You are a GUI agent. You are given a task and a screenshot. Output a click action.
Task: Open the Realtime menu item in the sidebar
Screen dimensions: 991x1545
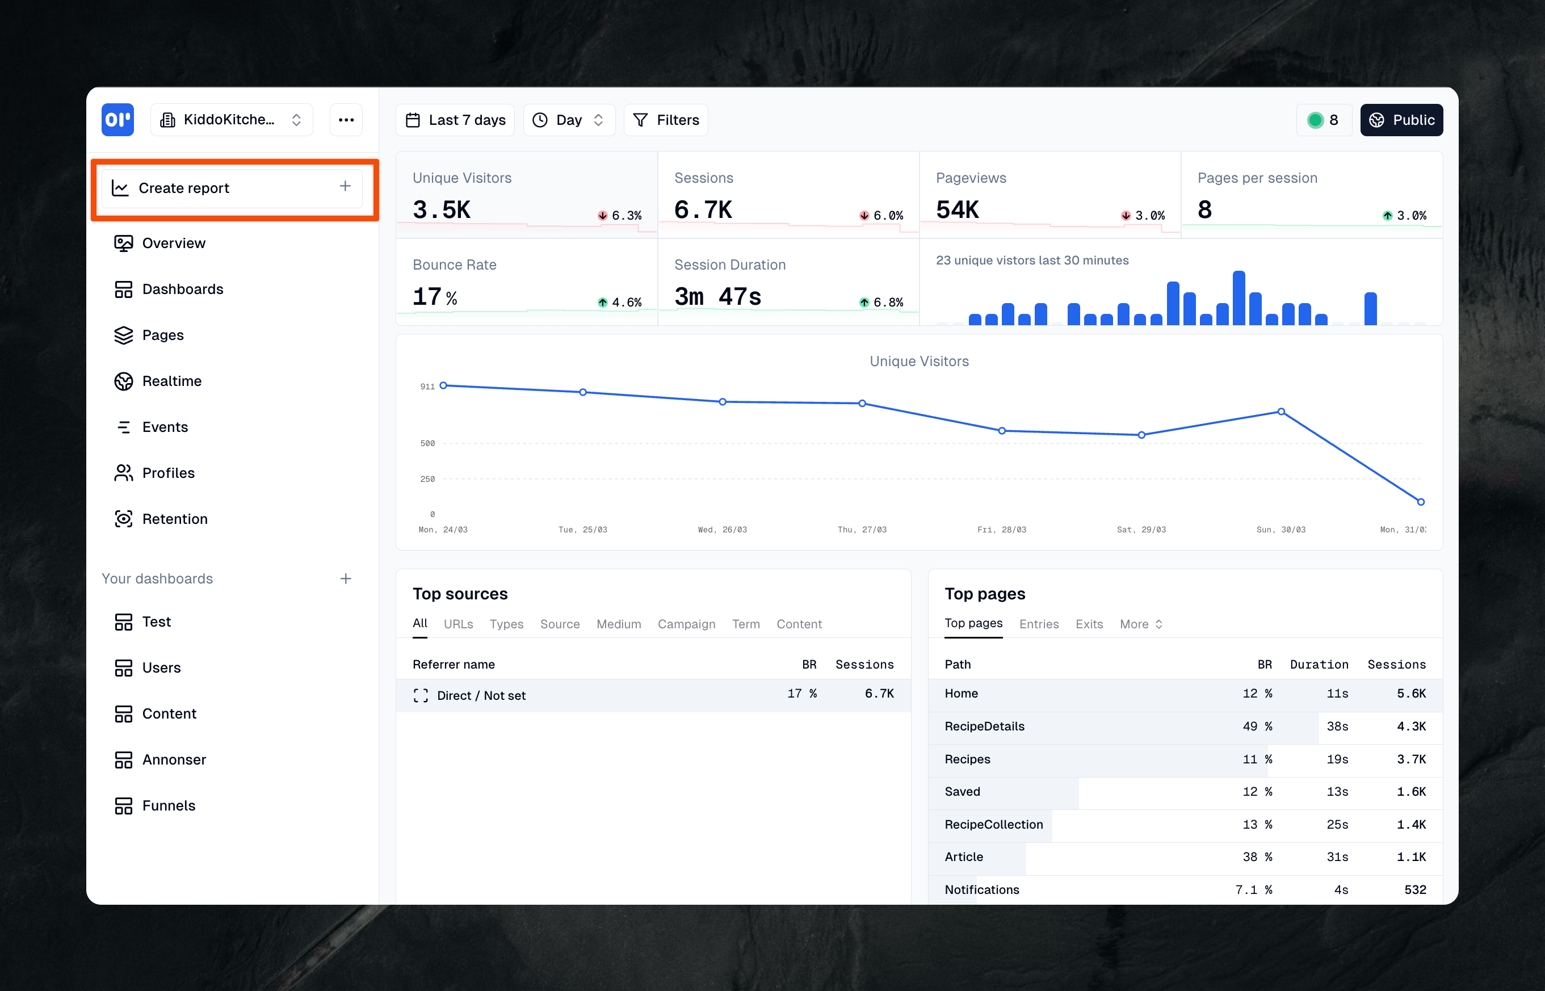pyautogui.click(x=171, y=381)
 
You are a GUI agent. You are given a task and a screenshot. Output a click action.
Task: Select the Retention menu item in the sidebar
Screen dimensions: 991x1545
pyautogui.click(x=174, y=519)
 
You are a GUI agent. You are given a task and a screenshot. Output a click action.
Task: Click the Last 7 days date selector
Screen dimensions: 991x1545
pyautogui.click(x=455, y=120)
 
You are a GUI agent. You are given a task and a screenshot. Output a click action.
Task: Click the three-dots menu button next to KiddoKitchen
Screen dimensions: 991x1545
pyautogui.click(x=346, y=120)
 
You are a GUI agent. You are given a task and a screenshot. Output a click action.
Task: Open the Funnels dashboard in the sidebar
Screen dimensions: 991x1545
pyautogui.click(x=168, y=805)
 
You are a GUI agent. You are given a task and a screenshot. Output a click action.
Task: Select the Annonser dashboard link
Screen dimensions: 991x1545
pyautogui.click(x=174, y=759)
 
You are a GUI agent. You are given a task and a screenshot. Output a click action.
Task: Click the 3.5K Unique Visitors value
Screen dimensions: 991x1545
pyautogui.click(x=442, y=210)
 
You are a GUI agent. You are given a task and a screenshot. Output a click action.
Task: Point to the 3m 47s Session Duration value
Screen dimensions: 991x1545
pyautogui.click(x=717, y=297)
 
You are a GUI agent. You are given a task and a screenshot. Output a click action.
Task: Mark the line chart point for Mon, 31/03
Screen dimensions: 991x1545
pyautogui.click(x=1421, y=501)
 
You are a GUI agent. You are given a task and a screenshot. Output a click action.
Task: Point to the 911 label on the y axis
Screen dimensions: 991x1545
pyautogui.click(x=427, y=386)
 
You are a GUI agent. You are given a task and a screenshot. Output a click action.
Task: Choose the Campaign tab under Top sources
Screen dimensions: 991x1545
pyautogui.click(x=686, y=624)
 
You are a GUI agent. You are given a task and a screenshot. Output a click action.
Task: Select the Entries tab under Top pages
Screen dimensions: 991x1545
pyautogui.click(x=1039, y=624)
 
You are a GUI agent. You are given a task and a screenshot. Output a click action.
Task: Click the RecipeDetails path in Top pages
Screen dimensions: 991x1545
pyautogui.click(x=984, y=726)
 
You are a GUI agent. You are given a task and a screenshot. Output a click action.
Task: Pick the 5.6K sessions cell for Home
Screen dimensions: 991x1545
pyautogui.click(x=1410, y=693)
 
